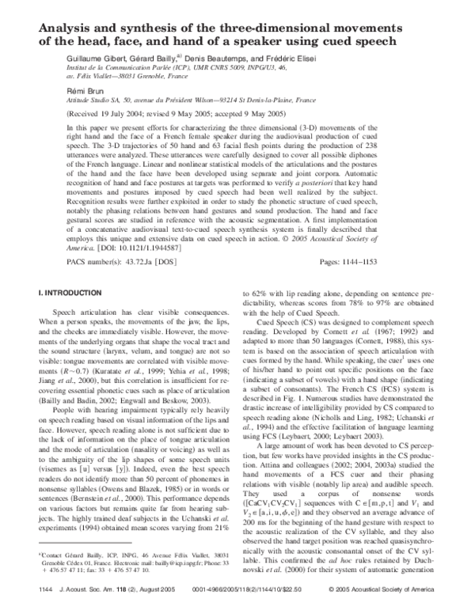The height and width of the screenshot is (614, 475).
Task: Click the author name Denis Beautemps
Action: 214,59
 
